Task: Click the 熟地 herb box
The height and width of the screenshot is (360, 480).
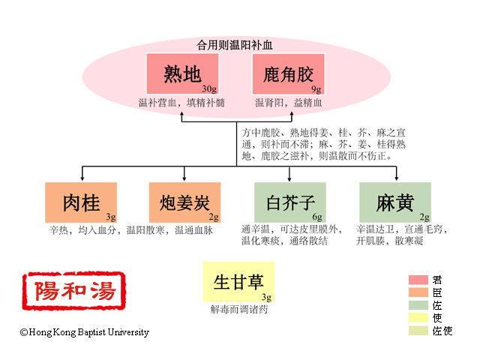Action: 182,74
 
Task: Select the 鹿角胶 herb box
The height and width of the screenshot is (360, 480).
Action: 288,74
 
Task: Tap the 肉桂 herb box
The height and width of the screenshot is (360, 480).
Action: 81,202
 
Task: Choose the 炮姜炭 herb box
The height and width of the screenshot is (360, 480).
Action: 184,202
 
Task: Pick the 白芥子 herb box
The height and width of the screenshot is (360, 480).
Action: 289,202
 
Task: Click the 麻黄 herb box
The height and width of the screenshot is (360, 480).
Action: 395,202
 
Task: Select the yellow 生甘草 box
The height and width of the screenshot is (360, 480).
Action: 238,282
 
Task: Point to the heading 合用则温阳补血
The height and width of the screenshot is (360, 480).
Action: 235,44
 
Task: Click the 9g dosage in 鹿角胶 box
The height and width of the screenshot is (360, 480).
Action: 316,89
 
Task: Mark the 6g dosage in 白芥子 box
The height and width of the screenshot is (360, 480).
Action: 317,217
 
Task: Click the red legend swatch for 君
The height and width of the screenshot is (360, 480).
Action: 418,280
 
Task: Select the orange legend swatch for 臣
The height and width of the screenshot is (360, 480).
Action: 418,292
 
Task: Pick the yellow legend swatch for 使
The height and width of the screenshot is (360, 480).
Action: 418,318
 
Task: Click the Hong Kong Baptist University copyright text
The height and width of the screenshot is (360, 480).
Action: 85,332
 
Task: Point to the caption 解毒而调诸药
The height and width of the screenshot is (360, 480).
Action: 238,308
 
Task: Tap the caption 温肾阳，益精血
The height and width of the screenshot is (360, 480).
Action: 288,102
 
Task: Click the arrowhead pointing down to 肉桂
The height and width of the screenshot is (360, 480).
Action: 81,178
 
